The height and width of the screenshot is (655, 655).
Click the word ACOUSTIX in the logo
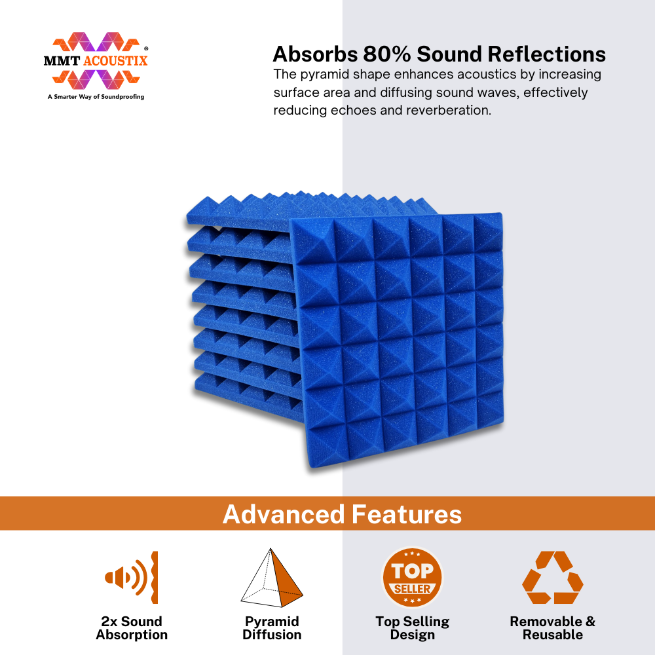[x=115, y=61]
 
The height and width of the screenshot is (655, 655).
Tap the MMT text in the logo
[x=62, y=61]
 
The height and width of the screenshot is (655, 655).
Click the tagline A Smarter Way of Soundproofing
[x=96, y=97]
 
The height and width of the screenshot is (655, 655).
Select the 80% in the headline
[x=387, y=54]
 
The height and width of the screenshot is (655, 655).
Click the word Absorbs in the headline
[x=316, y=54]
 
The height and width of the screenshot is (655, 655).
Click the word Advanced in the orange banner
[x=283, y=514]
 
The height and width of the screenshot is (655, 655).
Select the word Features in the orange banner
[x=407, y=514]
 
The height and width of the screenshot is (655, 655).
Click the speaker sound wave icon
[x=132, y=577]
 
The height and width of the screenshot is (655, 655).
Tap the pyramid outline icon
[x=272, y=578]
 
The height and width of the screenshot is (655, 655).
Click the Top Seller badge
[x=412, y=578]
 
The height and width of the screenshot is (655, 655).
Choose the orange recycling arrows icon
[x=553, y=577]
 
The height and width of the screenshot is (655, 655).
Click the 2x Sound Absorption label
[x=132, y=628]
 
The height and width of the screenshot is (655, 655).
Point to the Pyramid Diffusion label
[x=272, y=628]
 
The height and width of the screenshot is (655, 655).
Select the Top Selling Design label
[x=412, y=628]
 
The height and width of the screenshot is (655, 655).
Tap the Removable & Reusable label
[x=553, y=628]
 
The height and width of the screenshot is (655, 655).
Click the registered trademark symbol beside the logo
[x=146, y=49]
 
